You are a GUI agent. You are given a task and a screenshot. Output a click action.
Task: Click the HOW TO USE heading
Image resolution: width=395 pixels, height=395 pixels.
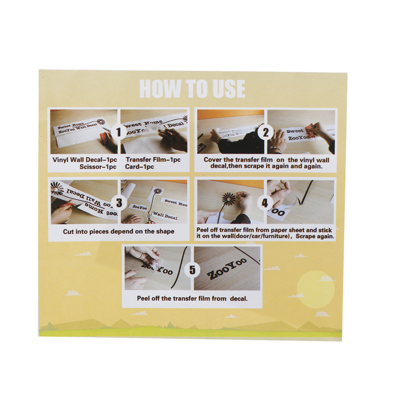coord(192,88)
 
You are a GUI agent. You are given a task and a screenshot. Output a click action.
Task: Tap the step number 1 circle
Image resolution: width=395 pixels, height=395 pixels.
coord(118,132)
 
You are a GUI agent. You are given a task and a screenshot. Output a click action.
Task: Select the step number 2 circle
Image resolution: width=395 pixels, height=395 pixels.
coord(266,132)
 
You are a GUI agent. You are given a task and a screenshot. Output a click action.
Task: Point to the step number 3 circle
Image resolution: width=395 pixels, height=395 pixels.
coord(118,202)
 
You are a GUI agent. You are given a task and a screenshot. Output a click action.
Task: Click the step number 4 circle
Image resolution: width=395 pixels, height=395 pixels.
coord(265,202)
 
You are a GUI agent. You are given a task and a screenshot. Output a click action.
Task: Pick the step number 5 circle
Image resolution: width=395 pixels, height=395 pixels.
coord(192,270)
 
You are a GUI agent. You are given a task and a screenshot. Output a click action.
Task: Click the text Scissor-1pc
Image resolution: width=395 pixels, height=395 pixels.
coord(98,167)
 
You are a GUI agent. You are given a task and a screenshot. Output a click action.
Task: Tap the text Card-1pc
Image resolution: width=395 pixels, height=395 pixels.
coord(139,167)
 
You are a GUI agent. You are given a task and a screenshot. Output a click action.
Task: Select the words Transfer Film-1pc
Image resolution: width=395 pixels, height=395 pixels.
coord(153,159)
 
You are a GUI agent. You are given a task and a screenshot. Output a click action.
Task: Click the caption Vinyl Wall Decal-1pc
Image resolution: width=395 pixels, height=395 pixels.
coord(84,159)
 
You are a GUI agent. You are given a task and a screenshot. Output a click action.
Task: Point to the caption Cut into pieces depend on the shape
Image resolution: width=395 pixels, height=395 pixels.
coord(118,232)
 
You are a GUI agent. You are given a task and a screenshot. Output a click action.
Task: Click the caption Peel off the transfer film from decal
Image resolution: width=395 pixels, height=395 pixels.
coord(192,299)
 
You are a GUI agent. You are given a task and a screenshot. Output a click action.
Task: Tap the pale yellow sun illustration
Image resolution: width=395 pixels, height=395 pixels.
coord(316,289)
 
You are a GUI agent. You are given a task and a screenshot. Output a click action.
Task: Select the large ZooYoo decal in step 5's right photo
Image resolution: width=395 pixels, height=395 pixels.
coord(226,269)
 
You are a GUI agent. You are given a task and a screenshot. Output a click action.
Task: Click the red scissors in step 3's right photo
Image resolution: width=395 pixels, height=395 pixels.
coord(151,220)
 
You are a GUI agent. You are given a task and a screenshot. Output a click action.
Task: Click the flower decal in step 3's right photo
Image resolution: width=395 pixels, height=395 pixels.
coord(158,192)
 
